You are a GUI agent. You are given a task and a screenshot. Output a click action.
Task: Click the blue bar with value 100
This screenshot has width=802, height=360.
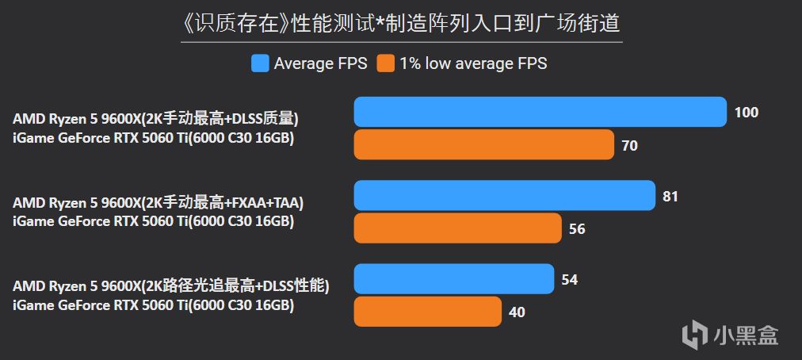pos(540,112)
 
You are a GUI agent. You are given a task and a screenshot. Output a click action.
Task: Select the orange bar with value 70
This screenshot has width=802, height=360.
pos(483,145)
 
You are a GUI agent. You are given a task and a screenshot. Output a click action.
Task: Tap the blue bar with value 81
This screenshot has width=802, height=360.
pos(504,196)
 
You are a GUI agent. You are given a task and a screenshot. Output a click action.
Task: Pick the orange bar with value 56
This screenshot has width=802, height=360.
pos(457,228)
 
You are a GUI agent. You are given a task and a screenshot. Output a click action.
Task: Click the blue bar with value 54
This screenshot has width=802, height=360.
pos(453,279)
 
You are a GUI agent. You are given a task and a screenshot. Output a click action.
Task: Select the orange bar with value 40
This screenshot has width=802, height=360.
pos(427,312)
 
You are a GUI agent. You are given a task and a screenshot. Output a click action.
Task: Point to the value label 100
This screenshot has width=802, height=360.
pos(747,113)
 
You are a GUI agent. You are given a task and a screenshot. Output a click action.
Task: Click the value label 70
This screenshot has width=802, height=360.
pos(630,146)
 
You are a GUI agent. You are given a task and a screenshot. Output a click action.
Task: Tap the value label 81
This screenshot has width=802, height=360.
pos(670,196)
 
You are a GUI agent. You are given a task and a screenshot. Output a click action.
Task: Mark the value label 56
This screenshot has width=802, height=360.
pos(577,229)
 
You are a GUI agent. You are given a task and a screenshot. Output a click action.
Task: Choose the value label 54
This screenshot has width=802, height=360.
pos(569,280)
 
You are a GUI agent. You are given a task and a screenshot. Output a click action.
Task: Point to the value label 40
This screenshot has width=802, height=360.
pos(517,312)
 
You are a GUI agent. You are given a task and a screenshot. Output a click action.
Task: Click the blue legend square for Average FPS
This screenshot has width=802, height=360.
pos(260,63)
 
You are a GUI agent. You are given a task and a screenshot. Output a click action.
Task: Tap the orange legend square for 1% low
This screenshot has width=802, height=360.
pos(386,63)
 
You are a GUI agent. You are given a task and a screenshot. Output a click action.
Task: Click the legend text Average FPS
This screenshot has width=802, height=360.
pos(320,63)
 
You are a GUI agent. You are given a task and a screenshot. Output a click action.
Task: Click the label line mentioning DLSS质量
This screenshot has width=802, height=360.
pos(155,119)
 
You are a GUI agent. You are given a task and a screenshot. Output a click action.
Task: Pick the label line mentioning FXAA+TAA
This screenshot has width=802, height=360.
pos(158,203)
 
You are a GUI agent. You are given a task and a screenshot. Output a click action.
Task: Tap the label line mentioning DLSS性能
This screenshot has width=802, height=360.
pos(171,286)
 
